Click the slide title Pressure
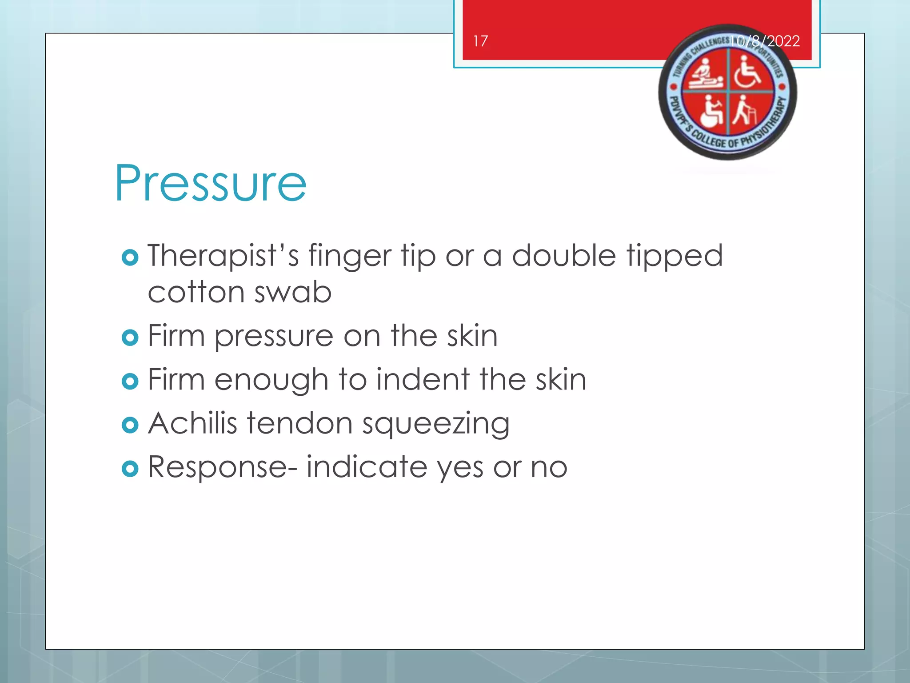pyautogui.click(x=210, y=183)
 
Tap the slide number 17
pyautogui.click(x=480, y=41)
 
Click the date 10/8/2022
pyautogui.click(x=765, y=41)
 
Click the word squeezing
pyautogui.click(x=435, y=424)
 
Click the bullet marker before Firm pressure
pyautogui.click(x=130, y=338)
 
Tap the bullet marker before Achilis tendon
pyautogui.click(x=130, y=425)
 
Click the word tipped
pyautogui.click(x=675, y=257)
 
